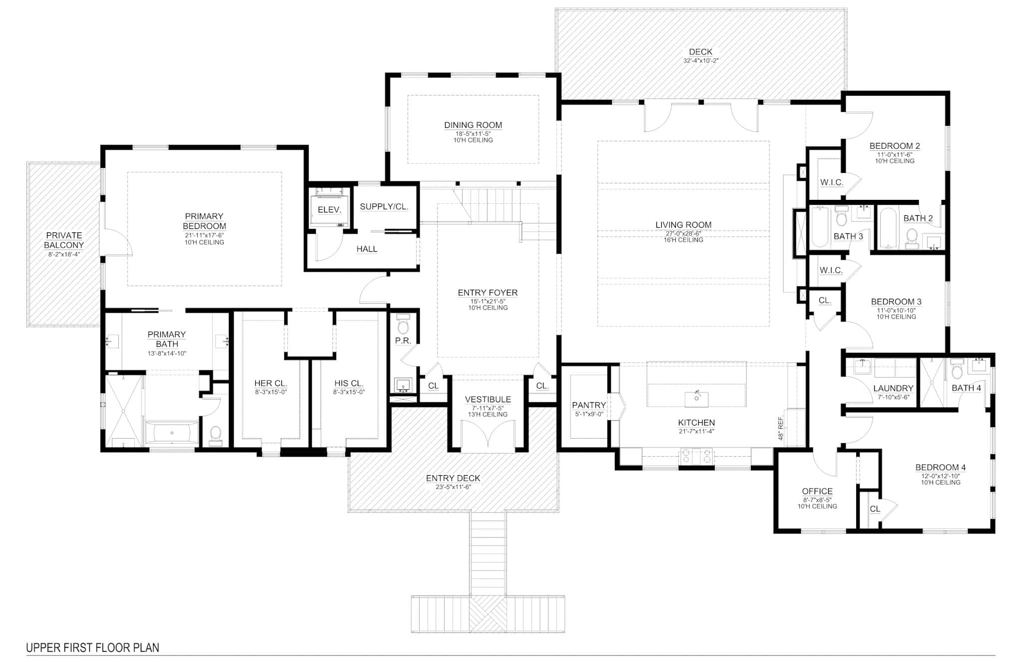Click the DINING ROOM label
point(473,125)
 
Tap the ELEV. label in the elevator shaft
point(329,210)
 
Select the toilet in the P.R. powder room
point(403,324)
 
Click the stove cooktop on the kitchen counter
point(696,456)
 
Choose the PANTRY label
point(589,405)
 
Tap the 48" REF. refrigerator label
point(781,428)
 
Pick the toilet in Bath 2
point(912,238)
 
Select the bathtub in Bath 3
point(820,227)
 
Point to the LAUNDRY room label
point(893,388)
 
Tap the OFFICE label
point(817,491)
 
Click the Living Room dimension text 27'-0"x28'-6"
point(683,233)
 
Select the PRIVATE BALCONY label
point(64,240)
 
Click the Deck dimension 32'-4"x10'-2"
point(701,61)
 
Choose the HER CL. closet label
point(271,383)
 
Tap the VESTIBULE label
point(488,399)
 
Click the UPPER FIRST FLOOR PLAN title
point(92,648)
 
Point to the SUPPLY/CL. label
point(384,206)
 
